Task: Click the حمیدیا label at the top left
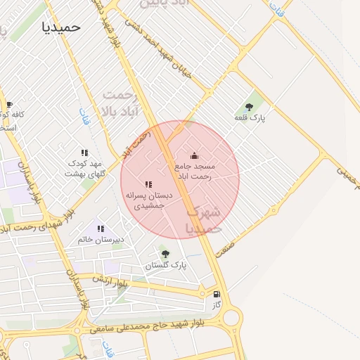61,27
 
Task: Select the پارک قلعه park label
250,119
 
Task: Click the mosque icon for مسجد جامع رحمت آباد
195,155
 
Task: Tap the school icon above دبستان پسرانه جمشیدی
148,184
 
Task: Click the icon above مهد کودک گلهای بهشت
84,153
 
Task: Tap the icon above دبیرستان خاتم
101,229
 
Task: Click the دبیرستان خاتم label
101,240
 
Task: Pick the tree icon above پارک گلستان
166,254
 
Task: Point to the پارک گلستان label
166,266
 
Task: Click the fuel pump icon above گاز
216,295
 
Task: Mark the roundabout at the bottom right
229,317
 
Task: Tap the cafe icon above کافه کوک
8,105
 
